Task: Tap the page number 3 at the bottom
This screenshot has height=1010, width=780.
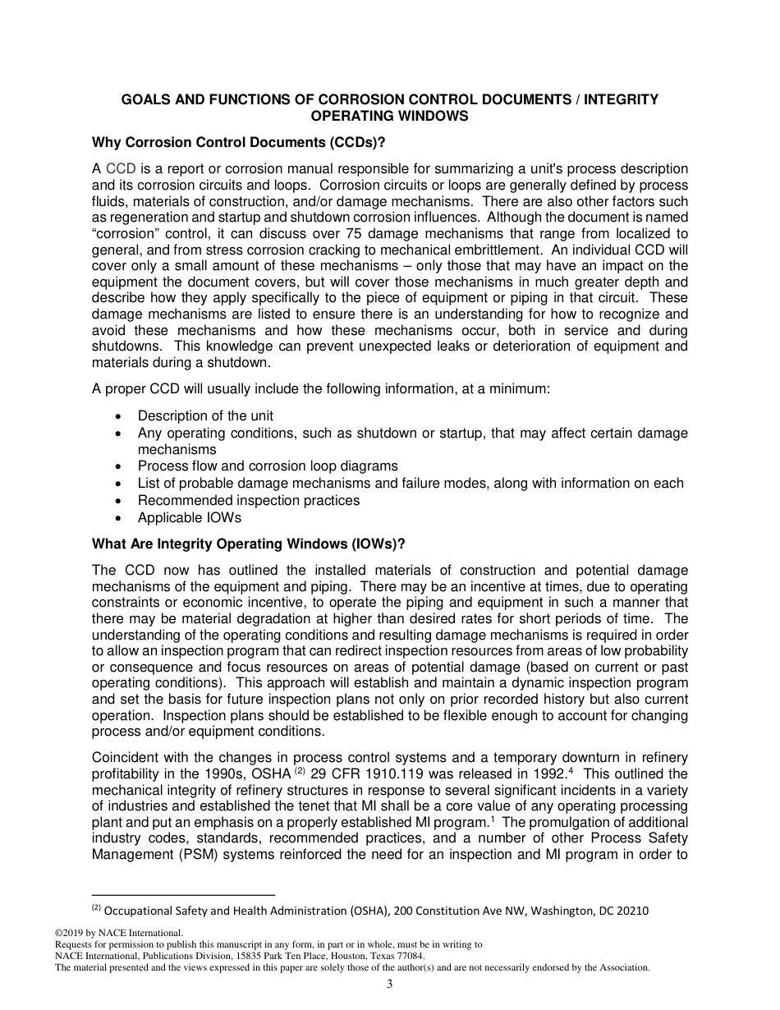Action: [390, 985]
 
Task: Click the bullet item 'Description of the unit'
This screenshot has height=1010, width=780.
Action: [205, 415]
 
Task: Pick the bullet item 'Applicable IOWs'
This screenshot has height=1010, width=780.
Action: [190, 517]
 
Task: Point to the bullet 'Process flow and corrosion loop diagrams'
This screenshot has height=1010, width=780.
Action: [268, 466]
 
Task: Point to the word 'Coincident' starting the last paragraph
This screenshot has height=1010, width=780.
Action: [129, 756]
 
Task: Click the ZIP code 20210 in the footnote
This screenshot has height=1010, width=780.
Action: [628, 910]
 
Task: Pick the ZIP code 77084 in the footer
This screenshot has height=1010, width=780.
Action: [408, 956]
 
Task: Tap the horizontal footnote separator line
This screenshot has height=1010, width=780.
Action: [183, 895]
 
